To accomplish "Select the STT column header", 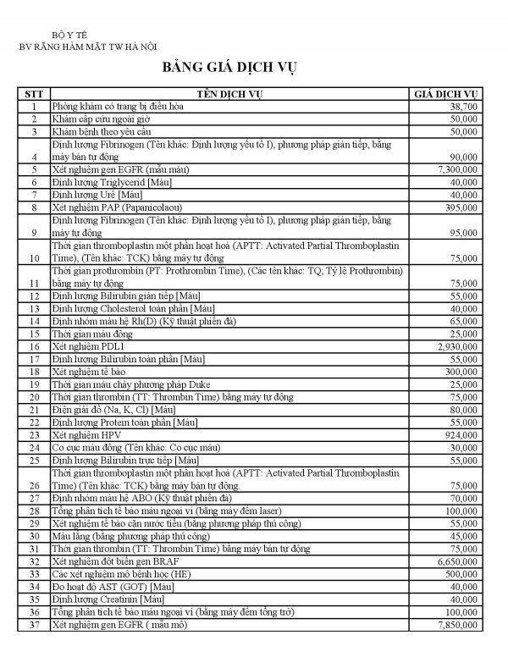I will tap(33, 94).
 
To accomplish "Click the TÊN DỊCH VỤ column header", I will tap(230, 94).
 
